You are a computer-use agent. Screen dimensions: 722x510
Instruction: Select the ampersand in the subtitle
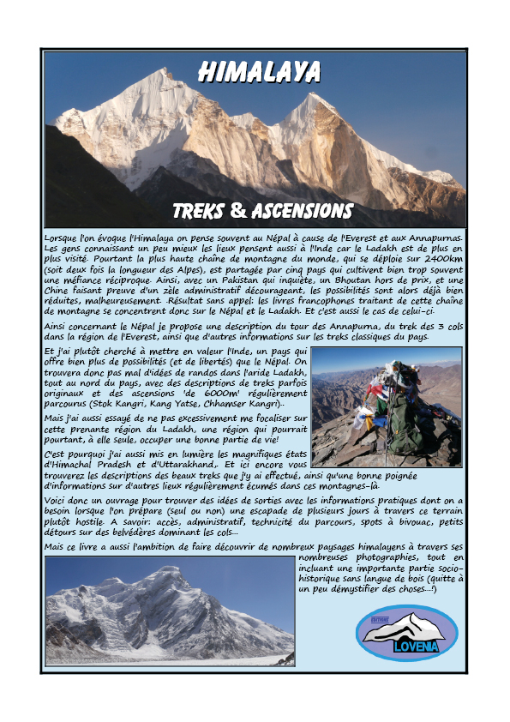coord(239,211)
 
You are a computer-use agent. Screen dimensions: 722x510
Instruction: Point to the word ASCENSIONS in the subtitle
coord(300,211)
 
